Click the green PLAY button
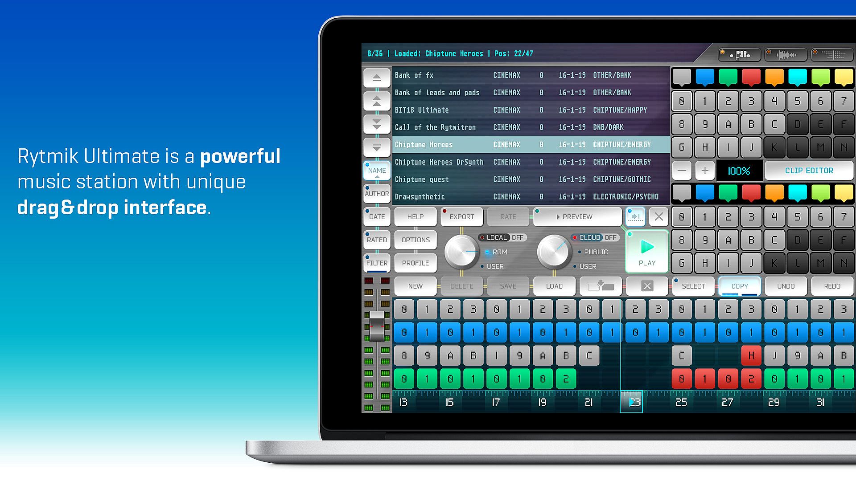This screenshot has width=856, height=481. pyautogui.click(x=647, y=251)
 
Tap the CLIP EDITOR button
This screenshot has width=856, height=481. pyautogui.click(x=809, y=171)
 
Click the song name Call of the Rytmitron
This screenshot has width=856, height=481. pyautogui.click(x=435, y=127)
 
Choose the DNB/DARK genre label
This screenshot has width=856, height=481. pyautogui.click(x=608, y=127)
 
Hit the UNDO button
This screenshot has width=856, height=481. pyautogui.click(x=786, y=286)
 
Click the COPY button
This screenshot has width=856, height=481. pyautogui.click(x=740, y=286)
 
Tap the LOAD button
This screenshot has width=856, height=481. pyautogui.click(x=554, y=286)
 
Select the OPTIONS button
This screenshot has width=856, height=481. pyautogui.click(x=416, y=240)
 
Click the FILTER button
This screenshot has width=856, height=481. pyautogui.click(x=377, y=263)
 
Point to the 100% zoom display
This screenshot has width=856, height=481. pyautogui.click(x=739, y=171)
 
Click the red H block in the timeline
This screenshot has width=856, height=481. pyautogui.click(x=751, y=356)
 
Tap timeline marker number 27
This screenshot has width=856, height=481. pyautogui.click(x=727, y=403)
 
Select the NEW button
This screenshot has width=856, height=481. pyautogui.click(x=416, y=286)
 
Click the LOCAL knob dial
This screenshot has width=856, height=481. pyautogui.click(x=461, y=252)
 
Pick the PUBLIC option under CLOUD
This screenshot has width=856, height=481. pyautogui.click(x=596, y=252)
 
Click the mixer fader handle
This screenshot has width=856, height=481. pyautogui.click(x=377, y=326)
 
